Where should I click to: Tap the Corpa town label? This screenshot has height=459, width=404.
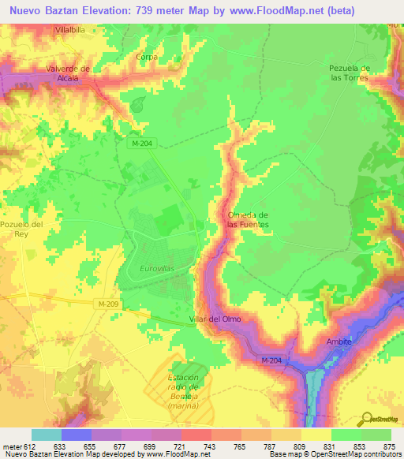click(147, 57)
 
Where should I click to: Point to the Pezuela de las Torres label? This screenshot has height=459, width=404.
click(348, 73)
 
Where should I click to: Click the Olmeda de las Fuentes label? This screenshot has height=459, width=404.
click(248, 220)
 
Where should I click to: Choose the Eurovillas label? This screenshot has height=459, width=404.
click(158, 269)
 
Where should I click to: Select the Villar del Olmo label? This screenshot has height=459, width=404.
click(225, 319)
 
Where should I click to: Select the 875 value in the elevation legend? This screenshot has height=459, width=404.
click(389, 446)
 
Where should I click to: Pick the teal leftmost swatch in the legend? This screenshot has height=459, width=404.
click(46, 435)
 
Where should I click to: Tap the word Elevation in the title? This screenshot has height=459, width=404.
click(99, 10)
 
